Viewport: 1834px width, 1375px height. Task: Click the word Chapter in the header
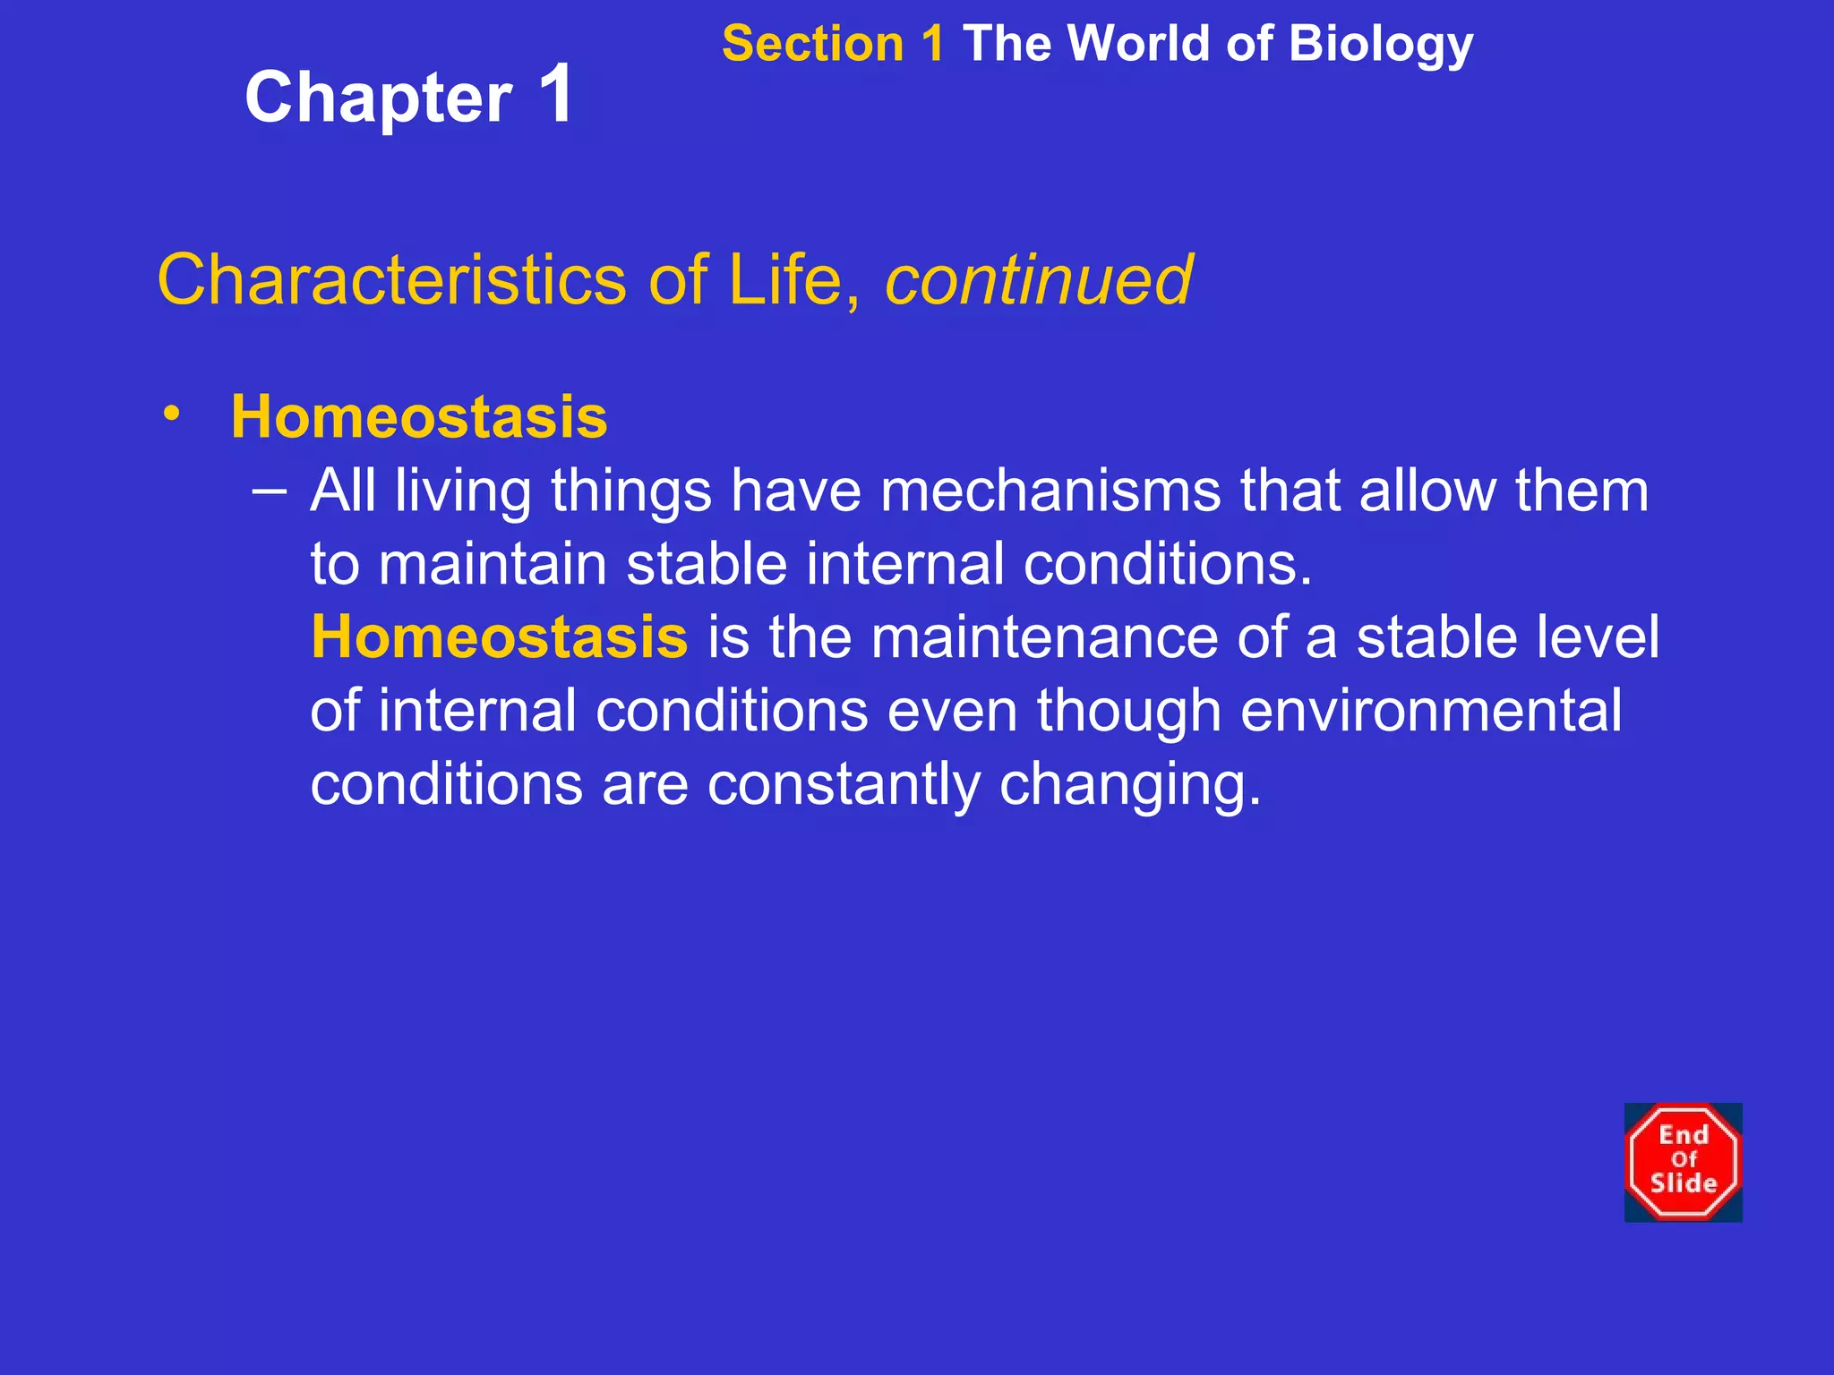click(x=378, y=98)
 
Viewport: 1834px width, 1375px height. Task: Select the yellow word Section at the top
click(x=812, y=44)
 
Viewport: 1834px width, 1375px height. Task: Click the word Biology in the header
click(x=1381, y=44)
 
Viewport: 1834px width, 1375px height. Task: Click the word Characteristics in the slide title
click(x=391, y=279)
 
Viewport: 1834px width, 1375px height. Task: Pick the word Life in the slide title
click(x=785, y=279)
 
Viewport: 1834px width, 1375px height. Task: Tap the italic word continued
click(x=1038, y=279)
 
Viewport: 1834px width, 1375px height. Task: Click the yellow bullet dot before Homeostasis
click(x=172, y=414)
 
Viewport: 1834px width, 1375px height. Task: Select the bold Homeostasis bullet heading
click(x=419, y=417)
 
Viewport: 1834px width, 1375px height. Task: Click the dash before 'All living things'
click(x=270, y=491)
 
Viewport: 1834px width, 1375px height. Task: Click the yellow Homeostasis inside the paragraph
click(x=499, y=637)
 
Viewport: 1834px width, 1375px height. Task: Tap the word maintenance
click(x=1044, y=637)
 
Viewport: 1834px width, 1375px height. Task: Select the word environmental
click(x=1431, y=711)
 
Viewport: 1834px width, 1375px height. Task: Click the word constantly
click(x=844, y=784)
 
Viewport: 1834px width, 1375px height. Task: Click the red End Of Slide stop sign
click(x=1683, y=1162)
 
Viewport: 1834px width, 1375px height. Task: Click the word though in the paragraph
click(x=1129, y=711)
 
